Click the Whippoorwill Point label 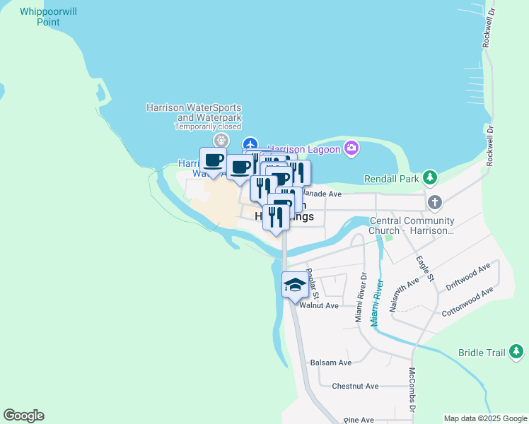tap(50, 16)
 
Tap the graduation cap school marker tap(295, 285)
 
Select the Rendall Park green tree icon tap(429, 177)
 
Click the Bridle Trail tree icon tap(516, 351)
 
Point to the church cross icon tap(434, 203)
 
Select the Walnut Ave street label tap(319, 305)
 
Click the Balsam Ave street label tap(331, 363)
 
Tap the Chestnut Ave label tap(356, 387)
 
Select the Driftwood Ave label tap(468, 278)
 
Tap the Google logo tap(23, 415)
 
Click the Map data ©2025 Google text tap(485, 418)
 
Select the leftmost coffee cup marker tap(214, 160)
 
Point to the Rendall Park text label tap(392, 179)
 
